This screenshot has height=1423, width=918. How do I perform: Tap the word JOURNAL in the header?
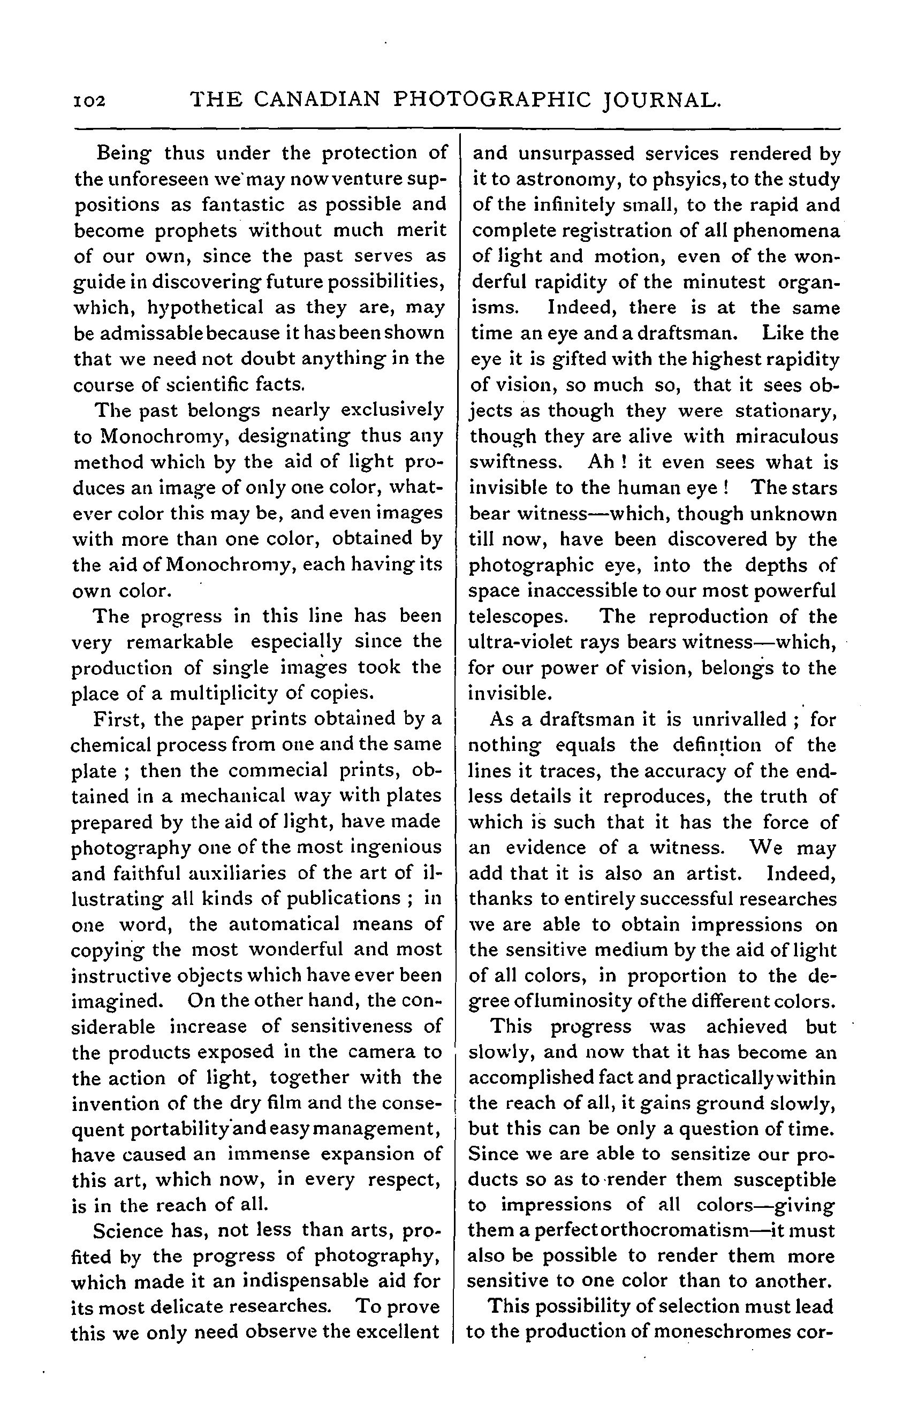pos(661,100)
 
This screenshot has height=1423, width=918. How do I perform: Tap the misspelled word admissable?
pos(150,333)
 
